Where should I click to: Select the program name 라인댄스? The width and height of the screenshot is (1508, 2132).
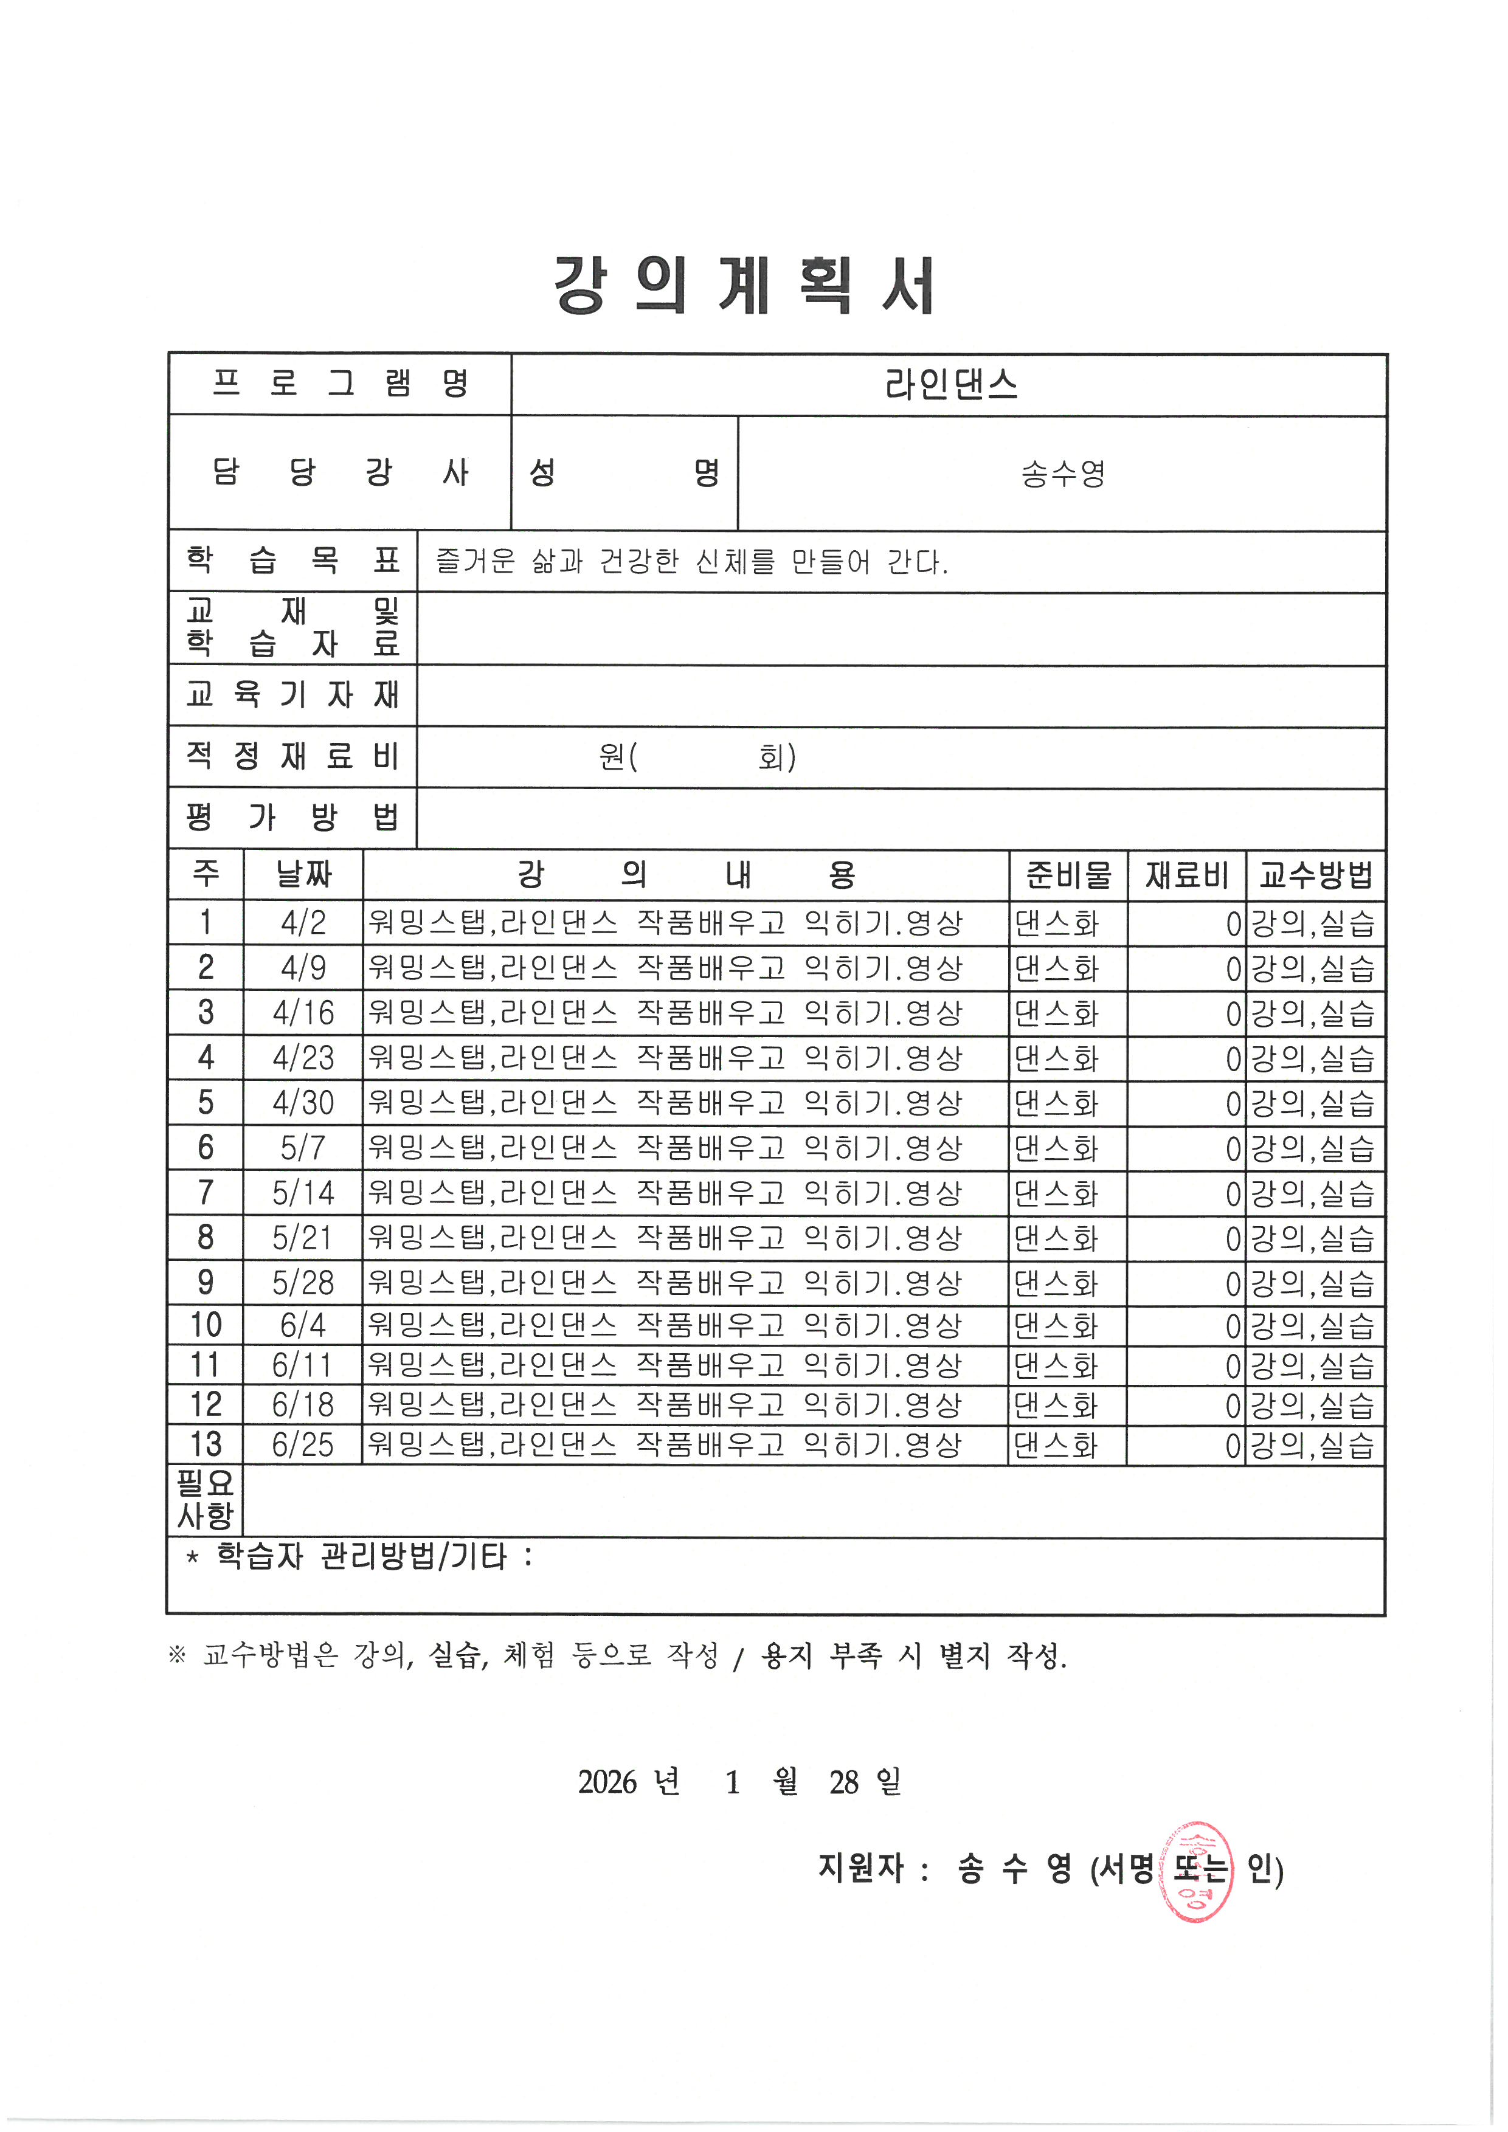(951, 384)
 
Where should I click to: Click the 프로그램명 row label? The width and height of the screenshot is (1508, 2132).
(340, 384)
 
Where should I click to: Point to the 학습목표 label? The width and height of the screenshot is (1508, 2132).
(292, 561)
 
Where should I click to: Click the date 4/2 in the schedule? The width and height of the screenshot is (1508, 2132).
(303, 923)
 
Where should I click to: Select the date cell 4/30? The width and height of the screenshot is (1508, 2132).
(303, 1103)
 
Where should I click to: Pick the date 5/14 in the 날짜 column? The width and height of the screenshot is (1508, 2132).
(303, 1193)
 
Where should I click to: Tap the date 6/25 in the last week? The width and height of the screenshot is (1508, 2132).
(303, 1445)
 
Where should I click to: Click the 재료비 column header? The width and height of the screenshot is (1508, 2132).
(1187, 875)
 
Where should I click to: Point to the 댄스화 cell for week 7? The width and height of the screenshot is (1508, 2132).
(1057, 1193)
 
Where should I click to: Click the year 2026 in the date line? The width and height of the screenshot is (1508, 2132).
(607, 1782)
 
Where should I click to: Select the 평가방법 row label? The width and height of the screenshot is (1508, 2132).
(292, 818)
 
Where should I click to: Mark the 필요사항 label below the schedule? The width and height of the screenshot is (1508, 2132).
(205, 1500)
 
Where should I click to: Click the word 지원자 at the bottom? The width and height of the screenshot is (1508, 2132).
(861, 1868)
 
